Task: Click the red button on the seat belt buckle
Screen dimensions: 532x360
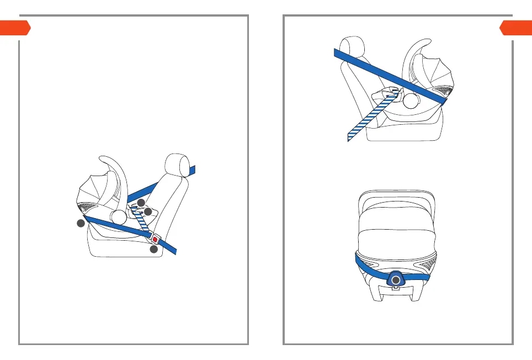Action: point(155,240)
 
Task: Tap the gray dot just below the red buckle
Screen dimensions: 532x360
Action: point(154,250)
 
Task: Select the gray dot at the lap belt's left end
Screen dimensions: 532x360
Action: point(81,223)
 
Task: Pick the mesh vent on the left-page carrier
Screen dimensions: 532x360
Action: point(87,208)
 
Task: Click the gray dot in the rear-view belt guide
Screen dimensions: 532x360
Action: point(395,280)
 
